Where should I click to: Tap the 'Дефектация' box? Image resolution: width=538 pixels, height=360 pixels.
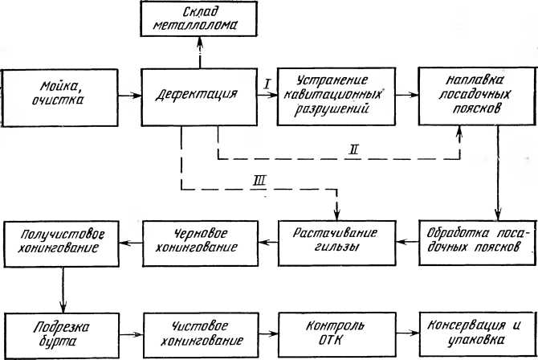[198, 95]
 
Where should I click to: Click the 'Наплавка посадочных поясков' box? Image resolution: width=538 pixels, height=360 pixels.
[474, 95]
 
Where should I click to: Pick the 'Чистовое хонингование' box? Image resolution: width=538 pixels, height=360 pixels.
[198, 332]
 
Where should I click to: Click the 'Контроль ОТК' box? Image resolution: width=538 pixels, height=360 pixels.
[335, 332]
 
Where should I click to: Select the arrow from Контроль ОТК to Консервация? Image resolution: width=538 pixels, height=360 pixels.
[405, 332]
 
